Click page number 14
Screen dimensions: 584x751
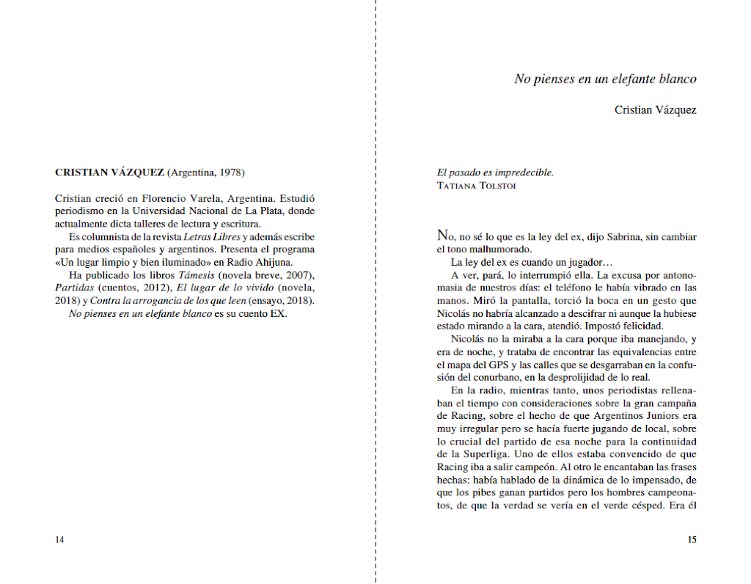click(x=59, y=540)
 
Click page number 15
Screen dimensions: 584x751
click(x=691, y=540)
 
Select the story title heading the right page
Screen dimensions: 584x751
click(x=605, y=79)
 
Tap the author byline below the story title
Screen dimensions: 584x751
click(x=655, y=110)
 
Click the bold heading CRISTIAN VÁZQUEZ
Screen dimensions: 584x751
click(x=109, y=173)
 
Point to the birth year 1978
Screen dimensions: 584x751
click(x=230, y=173)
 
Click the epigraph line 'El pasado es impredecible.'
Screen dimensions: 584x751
click(x=495, y=173)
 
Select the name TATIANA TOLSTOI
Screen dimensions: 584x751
click(x=476, y=186)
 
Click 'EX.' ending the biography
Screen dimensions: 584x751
click(x=277, y=314)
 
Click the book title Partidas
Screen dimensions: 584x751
click(x=75, y=288)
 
